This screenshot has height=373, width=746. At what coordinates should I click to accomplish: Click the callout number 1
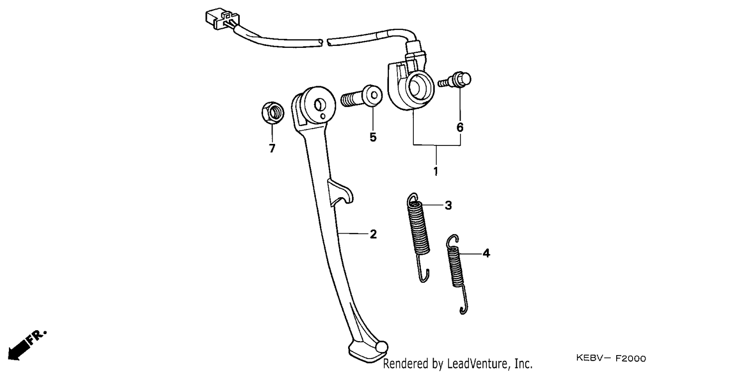436,171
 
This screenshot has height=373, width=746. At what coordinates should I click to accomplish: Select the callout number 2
373,235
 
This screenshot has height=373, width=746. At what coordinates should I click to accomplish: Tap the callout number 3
448,205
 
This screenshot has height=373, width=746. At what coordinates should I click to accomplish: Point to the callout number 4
486,253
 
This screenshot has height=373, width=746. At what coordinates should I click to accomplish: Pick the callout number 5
373,137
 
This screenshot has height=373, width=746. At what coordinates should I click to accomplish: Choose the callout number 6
460,127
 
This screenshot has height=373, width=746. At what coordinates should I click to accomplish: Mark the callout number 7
272,148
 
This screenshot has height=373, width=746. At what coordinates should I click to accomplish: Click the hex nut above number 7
273,113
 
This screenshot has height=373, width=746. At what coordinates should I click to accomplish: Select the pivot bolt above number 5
362,96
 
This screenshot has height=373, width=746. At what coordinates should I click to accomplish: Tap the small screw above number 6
455,80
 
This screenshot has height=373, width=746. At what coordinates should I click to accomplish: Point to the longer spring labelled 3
418,237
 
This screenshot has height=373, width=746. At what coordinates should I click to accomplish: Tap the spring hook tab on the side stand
340,193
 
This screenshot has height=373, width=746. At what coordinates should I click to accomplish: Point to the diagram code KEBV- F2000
611,359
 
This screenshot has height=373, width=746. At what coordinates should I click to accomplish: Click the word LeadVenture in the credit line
477,364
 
